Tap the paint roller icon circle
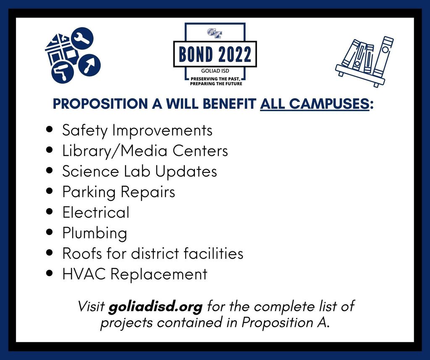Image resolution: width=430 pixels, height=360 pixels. [63, 73]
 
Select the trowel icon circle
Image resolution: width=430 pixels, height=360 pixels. [89, 64]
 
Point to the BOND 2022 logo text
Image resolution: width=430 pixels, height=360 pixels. [215, 54]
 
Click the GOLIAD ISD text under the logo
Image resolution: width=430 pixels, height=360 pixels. [215, 71]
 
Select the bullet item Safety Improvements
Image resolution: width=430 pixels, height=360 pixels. [137, 130]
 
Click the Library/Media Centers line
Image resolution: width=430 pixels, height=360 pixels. [145, 151]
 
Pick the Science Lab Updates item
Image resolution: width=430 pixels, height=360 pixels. [139, 172]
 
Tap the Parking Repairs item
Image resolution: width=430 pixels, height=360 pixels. [118, 192]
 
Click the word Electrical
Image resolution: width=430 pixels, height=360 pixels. [96, 212]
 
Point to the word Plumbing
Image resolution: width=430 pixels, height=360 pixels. [94, 233]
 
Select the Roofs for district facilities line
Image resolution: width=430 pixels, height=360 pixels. [153, 253]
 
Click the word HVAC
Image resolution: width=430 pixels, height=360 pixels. [84, 274]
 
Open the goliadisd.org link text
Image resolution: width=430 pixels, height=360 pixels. [155, 306]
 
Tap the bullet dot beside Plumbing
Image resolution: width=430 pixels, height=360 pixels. [50, 232]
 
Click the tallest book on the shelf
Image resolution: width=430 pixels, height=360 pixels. [384, 57]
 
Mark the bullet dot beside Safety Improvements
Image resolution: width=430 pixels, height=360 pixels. [50, 130]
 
